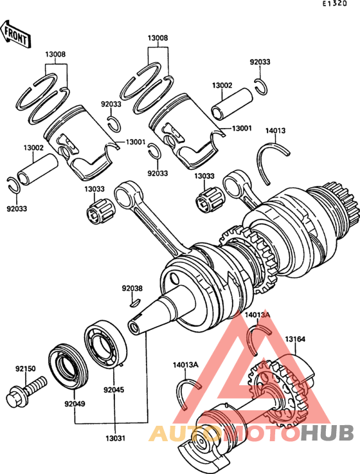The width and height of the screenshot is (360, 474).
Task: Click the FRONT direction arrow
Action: tap(15, 33)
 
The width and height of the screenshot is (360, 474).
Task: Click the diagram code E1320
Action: tap(334, 4)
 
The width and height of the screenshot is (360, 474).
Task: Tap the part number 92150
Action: tap(26, 369)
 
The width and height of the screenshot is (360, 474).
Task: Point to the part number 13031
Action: tap(116, 438)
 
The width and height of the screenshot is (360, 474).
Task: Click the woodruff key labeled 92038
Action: tap(134, 302)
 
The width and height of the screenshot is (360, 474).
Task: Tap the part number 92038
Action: tap(132, 288)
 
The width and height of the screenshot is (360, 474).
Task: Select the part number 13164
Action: tap(295, 339)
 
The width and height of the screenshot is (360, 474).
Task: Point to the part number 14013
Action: tap(275, 131)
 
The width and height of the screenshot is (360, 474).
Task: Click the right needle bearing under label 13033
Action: tap(209, 199)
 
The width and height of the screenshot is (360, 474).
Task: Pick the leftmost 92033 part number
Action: tap(17, 208)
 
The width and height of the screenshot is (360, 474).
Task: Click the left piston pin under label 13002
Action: tap(37, 170)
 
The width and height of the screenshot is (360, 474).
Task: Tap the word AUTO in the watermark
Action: tap(185, 433)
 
